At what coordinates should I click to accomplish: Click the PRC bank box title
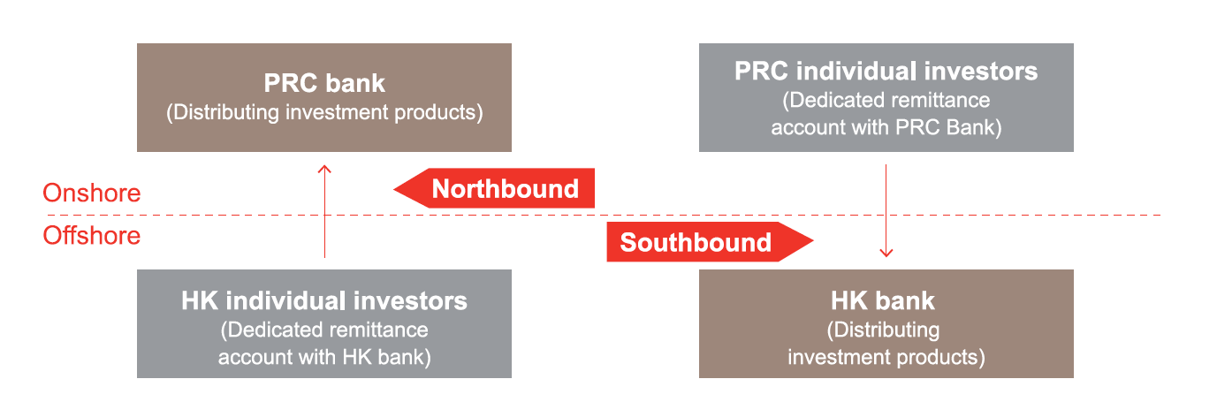click(324, 84)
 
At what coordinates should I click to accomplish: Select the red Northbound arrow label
click(505, 189)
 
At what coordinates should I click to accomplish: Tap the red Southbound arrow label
click(696, 242)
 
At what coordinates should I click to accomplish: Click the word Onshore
click(91, 193)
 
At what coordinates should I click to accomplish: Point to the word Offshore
click(91, 236)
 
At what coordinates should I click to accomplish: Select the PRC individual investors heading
click(886, 71)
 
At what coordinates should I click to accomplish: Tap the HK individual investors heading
click(324, 300)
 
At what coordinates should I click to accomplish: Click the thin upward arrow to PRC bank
click(324, 212)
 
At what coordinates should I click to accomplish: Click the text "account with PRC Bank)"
click(886, 127)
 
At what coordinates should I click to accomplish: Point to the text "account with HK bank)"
click(324, 357)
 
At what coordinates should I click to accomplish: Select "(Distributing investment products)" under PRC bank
click(324, 113)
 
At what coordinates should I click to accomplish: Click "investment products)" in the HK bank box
click(886, 357)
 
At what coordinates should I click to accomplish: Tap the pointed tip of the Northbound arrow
click(396, 188)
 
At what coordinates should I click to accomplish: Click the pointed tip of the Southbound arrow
click(810, 241)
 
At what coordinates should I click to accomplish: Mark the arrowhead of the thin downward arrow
click(886, 254)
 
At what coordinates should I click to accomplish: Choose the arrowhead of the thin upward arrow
click(324, 167)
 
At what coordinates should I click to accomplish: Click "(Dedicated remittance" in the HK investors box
click(324, 330)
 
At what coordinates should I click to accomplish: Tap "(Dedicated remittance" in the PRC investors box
click(886, 100)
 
